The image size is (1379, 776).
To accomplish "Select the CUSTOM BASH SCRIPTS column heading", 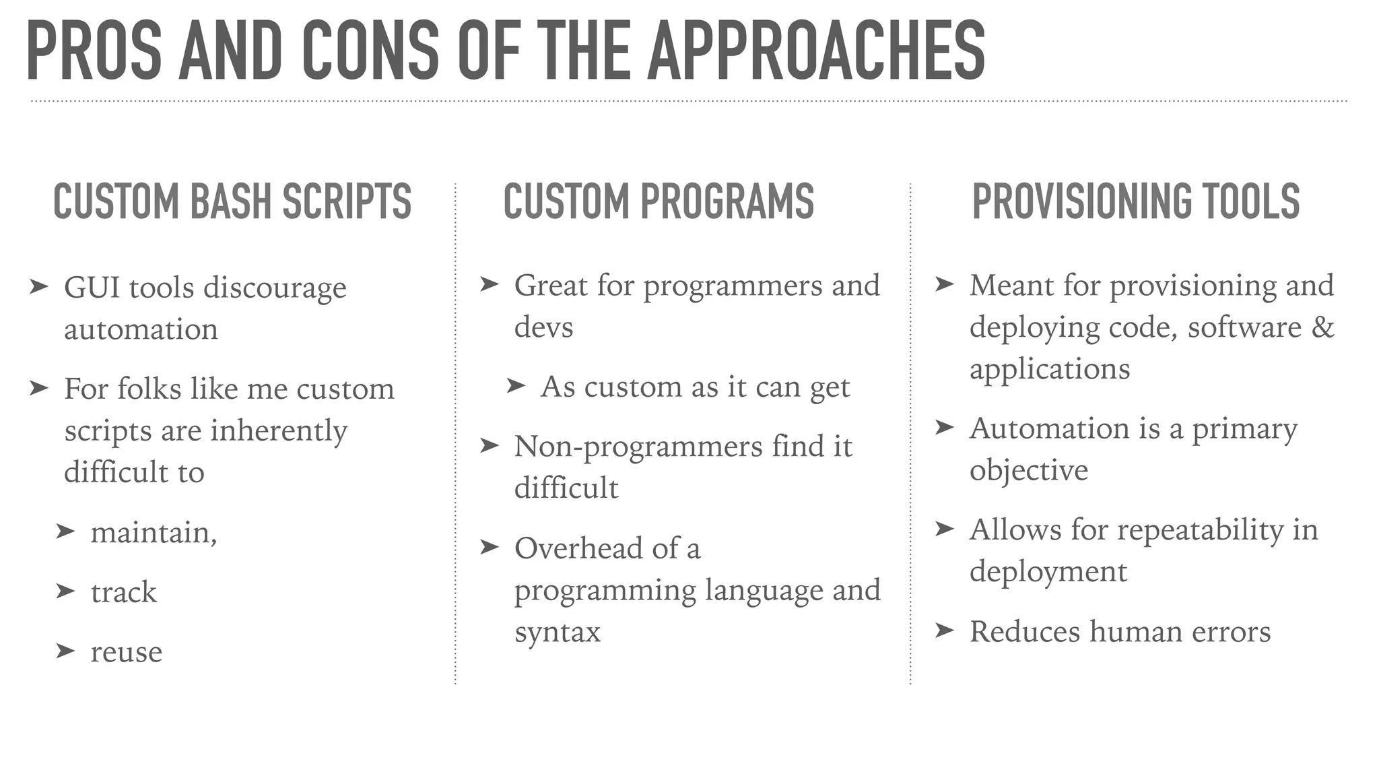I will pos(232,201).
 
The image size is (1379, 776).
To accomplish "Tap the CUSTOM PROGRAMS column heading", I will pos(659,201).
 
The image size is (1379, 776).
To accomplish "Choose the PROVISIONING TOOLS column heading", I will pos(1136,201).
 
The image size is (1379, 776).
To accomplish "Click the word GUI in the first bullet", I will pos(91,288).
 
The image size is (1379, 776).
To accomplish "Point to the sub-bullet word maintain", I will pos(153,533).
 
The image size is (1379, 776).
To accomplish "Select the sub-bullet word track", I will pos(124,593).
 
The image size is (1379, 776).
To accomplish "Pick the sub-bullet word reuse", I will pos(127,652).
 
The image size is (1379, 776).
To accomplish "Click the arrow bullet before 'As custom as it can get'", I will pos(515,385).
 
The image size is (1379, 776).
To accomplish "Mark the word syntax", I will pos(557,632).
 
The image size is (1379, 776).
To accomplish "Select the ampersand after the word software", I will pos(1322,327).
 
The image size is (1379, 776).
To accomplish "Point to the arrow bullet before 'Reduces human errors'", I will pos(945,630).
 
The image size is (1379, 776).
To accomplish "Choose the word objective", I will pos(1028,470).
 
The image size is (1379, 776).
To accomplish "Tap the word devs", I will pos(543,327).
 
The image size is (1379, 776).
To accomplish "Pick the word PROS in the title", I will pos(94,51).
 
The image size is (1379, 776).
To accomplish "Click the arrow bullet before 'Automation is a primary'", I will pos(945,427).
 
